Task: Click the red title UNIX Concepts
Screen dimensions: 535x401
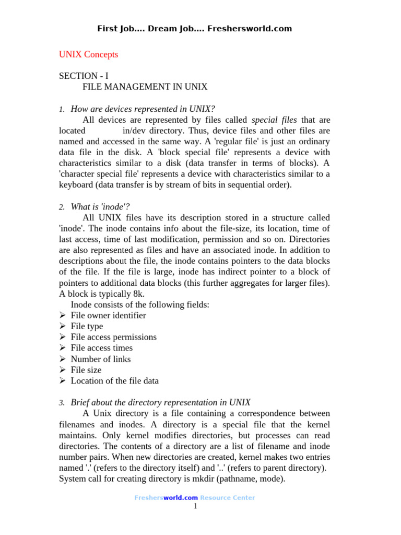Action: click(x=88, y=54)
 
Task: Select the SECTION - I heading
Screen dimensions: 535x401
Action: click(x=84, y=76)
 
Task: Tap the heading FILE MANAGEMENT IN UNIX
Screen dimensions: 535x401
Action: click(x=145, y=87)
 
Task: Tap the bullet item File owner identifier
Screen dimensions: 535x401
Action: click(x=108, y=316)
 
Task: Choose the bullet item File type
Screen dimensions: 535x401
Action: click(x=87, y=327)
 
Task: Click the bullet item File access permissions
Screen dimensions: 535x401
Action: click(x=113, y=337)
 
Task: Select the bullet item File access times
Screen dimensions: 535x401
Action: click(x=101, y=348)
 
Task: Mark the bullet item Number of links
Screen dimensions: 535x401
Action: click(x=101, y=359)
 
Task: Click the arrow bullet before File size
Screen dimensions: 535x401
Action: click(x=62, y=370)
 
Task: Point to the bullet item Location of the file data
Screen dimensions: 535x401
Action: click(x=114, y=381)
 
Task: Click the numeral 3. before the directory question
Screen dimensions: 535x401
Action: click(x=61, y=403)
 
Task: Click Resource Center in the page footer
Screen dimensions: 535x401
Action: click(x=227, y=498)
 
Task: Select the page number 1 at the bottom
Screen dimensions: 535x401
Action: click(x=195, y=506)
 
